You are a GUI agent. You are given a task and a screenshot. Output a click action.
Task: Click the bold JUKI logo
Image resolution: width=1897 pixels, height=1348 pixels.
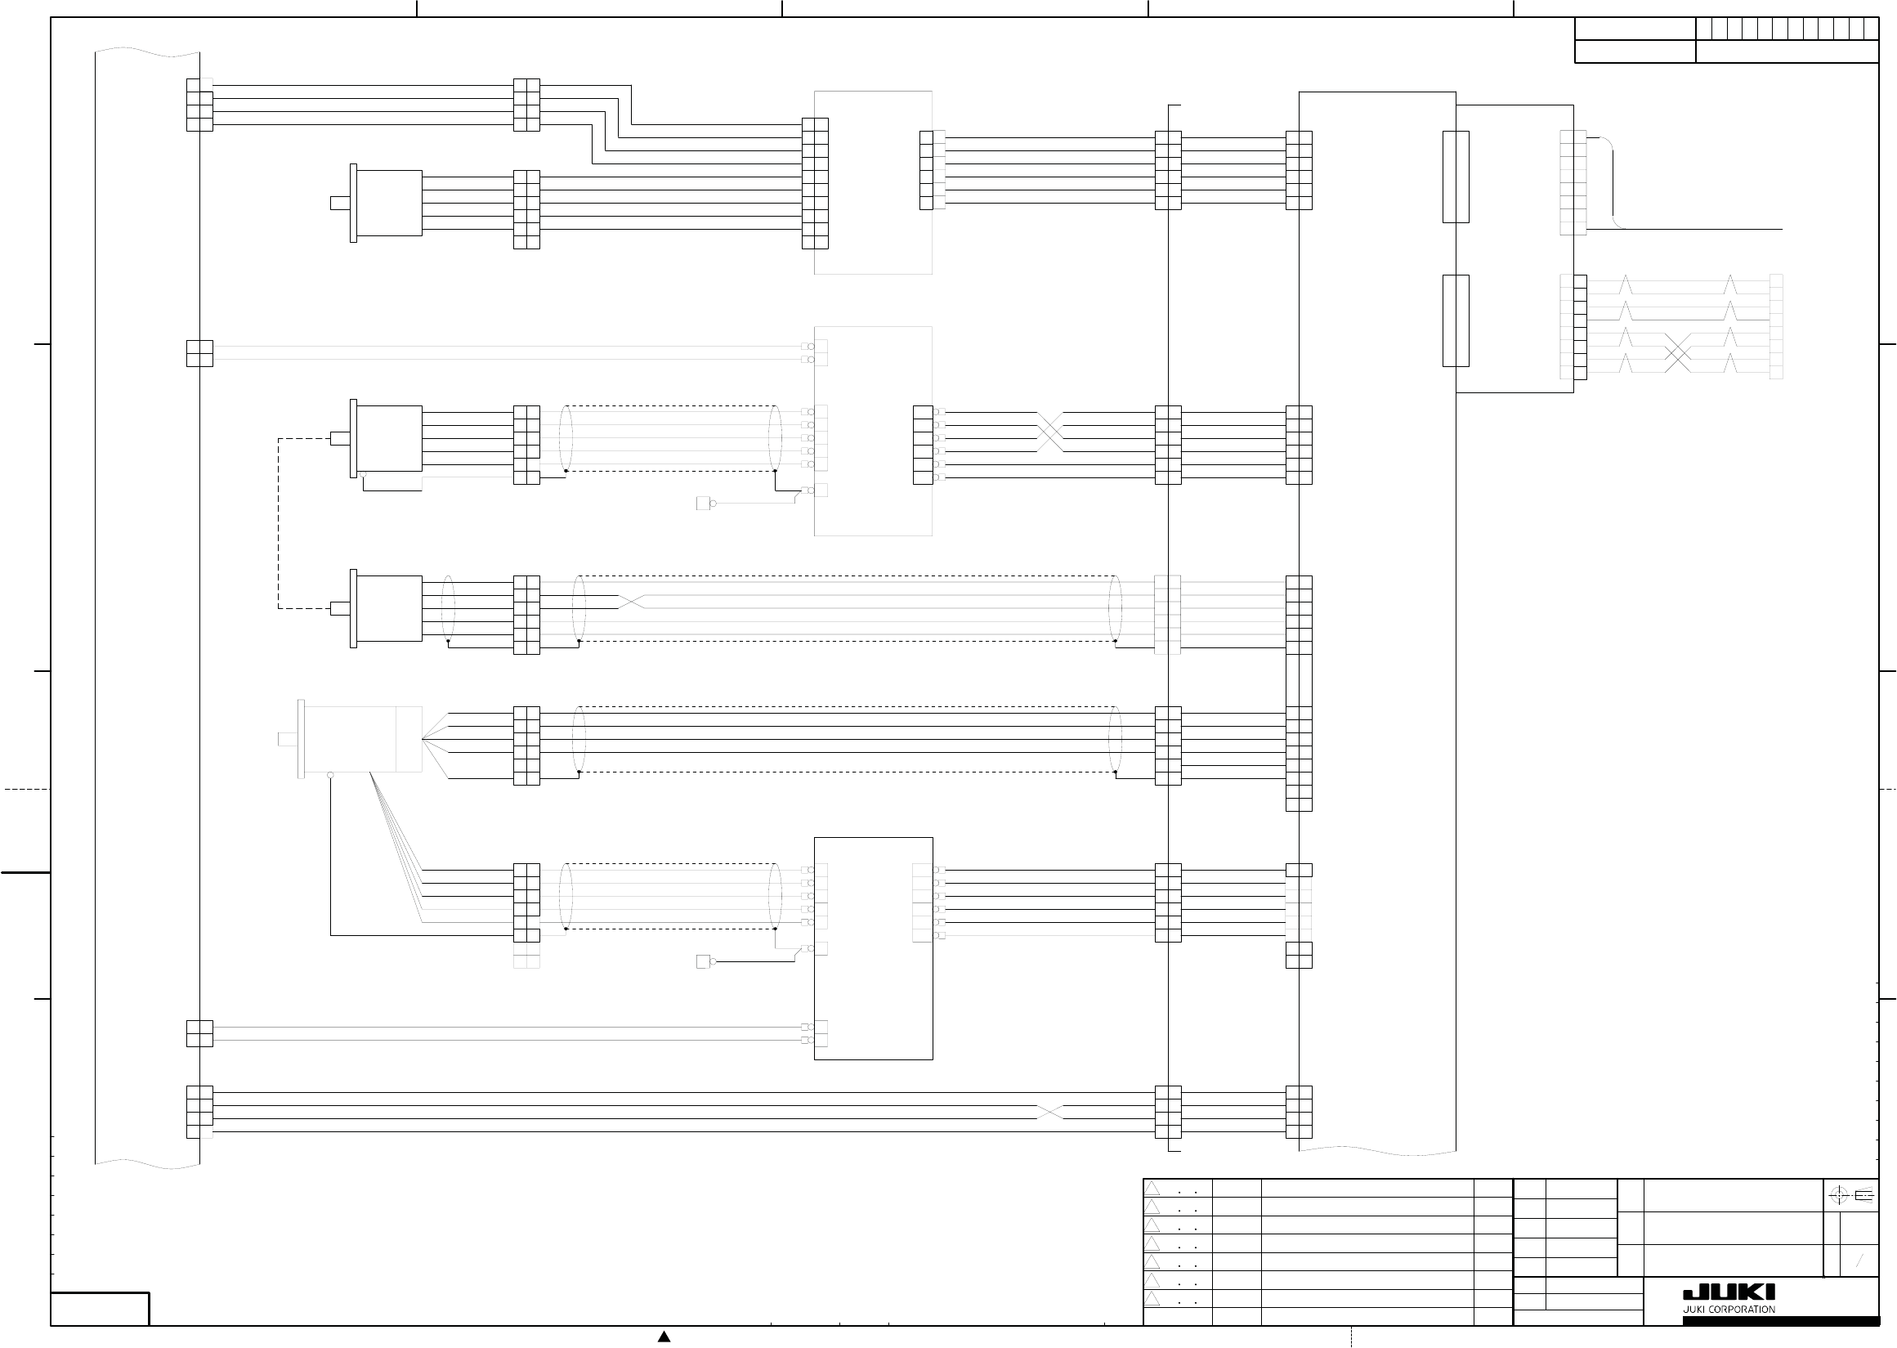click(x=1729, y=1292)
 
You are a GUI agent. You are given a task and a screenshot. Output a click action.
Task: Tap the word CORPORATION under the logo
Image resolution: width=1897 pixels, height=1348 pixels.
click(x=1742, y=1309)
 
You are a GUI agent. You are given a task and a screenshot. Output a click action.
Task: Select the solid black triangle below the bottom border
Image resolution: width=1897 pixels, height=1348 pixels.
click(x=664, y=1337)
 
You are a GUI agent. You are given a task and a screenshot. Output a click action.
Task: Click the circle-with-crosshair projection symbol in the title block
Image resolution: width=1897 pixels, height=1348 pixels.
click(x=1838, y=1195)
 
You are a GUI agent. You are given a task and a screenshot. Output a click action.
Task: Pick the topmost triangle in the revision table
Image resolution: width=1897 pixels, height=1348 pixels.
click(x=1152, y=1189)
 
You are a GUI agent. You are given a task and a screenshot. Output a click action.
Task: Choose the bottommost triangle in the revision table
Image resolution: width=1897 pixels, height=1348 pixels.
click(x=1152, y=1298)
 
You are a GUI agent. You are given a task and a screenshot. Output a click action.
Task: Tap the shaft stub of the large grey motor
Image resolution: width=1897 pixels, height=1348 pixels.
click(x=287, y=739)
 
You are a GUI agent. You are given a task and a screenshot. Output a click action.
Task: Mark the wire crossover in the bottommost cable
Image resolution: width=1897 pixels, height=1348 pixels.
click(x=1049, y=1113)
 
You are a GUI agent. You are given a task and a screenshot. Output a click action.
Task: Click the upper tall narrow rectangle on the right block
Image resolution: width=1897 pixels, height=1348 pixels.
click(x=1456, y=177)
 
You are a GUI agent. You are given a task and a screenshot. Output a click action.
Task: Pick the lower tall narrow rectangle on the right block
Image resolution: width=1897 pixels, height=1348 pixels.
click(x=1456, y=320)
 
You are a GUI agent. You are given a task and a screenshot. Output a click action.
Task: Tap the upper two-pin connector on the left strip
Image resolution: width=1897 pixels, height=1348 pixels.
click(x=199, y=353)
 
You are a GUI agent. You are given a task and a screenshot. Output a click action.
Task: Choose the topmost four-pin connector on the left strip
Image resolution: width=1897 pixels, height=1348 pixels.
click(x=199, y=105)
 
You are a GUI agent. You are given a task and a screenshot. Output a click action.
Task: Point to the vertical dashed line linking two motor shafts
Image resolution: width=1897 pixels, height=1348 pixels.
click(x=279, y=523)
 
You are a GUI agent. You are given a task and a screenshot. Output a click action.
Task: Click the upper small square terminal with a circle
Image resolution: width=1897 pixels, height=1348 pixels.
click(x=705, y=503)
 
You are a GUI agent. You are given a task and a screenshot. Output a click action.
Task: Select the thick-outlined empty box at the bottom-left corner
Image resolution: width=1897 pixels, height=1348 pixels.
click(x=100, y=1309)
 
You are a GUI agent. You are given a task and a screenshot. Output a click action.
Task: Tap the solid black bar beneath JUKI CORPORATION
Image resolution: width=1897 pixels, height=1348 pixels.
click(x=1781, y=1320)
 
